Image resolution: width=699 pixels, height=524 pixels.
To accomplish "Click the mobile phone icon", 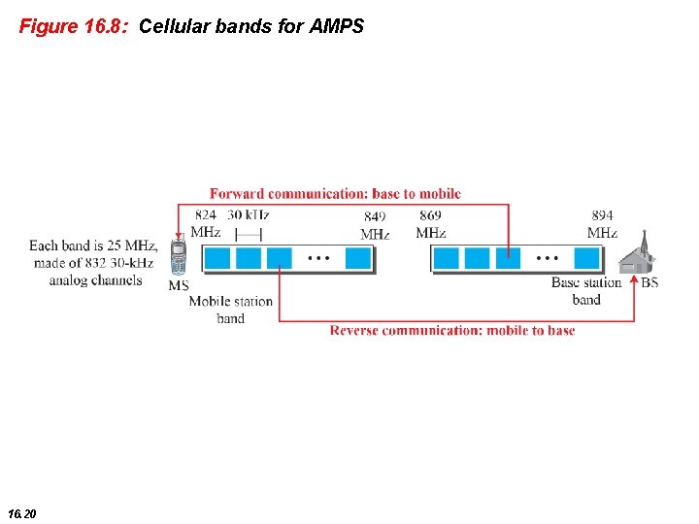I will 178,257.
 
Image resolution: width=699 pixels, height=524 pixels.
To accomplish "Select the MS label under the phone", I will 179,285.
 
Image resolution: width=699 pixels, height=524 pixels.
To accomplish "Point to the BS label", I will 649,283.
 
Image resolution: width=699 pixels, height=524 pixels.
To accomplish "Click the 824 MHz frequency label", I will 206,223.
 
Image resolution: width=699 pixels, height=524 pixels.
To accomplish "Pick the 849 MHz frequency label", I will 375,225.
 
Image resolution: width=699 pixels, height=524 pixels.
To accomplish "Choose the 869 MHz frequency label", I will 430,223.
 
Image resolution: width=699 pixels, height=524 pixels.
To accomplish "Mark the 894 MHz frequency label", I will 602,223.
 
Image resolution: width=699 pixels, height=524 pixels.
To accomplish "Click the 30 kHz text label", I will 249,214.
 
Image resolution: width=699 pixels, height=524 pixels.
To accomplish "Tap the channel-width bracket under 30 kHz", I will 249,234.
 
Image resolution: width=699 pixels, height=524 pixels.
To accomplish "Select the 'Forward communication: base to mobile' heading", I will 335,194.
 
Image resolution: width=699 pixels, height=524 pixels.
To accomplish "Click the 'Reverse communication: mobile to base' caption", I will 451,330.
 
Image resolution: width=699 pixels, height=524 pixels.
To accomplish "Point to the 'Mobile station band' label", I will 230,310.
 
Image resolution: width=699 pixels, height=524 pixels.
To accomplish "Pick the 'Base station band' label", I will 586,291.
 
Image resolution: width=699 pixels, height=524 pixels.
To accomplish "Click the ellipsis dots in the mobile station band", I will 318,258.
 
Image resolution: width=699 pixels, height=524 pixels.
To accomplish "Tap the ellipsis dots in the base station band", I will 547,258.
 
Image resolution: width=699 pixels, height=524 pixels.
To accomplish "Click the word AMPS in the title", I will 337,26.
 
